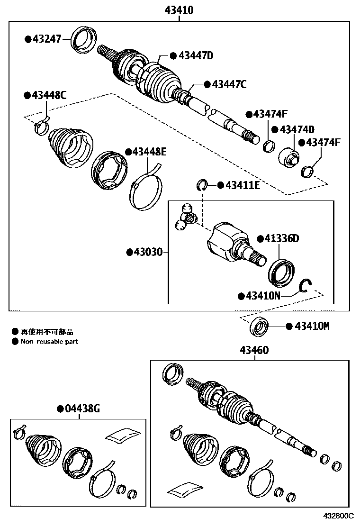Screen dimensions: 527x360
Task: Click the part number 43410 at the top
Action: pyautogui.click(x=179, y=9)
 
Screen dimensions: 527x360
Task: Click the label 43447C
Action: pyautogui.click(x=229, y=84)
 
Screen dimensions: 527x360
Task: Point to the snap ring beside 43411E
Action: pyautogui.click(x=202, y=184)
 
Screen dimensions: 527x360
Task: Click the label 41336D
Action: pyautogui.click(x=281, y=238)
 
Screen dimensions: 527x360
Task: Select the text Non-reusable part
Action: pyautogui.click(x=49, y=341)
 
